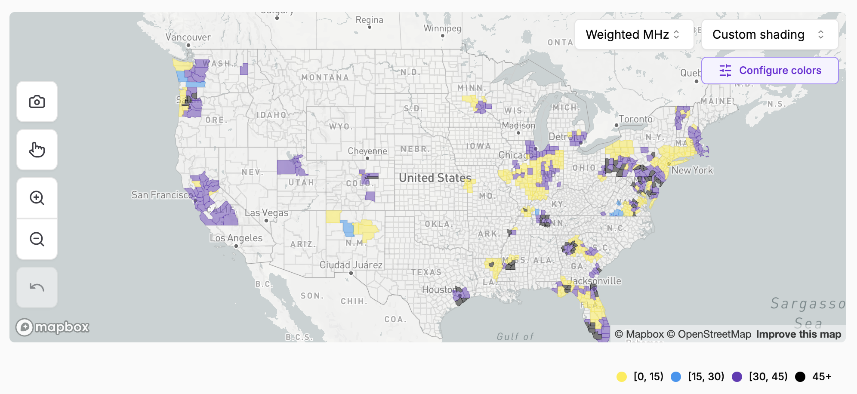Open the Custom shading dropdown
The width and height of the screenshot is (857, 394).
(x=769, y=34)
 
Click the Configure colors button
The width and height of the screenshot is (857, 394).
(x=770, y=71)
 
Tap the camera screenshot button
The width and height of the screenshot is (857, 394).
(x=37, y=102)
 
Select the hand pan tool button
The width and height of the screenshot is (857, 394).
(x=37, y=150)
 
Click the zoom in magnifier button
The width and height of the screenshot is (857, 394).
(x=37, y=198)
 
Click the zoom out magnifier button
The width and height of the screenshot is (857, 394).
(x=37, y=239)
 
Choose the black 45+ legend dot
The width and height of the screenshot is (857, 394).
(x=800, y=377)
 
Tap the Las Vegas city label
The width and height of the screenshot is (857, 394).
(x=266, y=213)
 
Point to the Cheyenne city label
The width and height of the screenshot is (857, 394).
(x=367, y=151)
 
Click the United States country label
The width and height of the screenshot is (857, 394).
(x=435, y=178)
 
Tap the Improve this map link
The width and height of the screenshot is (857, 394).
(x=798, y=334)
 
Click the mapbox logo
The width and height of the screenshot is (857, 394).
(x=52, y=327)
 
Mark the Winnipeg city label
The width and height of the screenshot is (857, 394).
(x=442, y=28)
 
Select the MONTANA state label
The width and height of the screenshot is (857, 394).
(x=325, y=77)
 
